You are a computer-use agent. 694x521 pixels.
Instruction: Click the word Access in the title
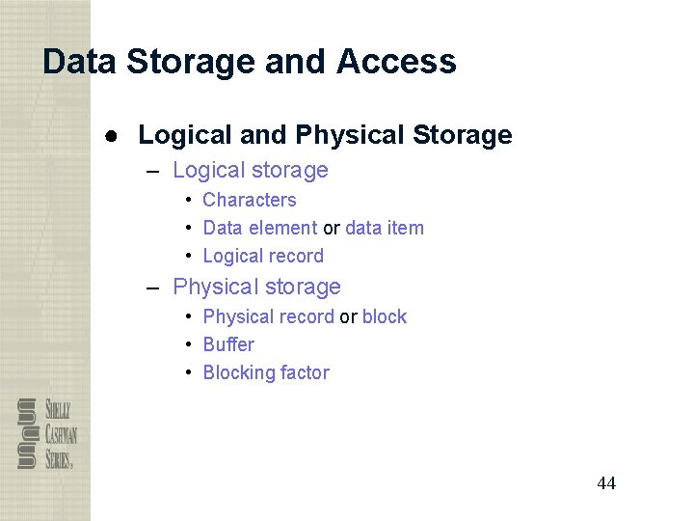tap(396, 62)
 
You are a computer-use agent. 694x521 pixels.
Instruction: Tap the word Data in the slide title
tap(80, 62)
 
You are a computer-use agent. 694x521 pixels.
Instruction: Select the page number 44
tap(606, 483)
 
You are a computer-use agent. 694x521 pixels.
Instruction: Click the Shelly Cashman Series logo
tap(47, 433)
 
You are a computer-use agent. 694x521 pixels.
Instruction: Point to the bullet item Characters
tap(250, 200)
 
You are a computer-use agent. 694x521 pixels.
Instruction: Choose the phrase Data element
tap(260, 228)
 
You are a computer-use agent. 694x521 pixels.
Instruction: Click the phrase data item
tap(385, 228)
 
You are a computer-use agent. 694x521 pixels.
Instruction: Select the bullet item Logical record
tap(263, 256)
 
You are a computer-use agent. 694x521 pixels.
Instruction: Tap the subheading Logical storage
tap(251, 171)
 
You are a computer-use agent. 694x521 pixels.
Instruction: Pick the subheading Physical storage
tap(256, 287)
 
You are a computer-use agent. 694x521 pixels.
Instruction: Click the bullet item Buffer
tap(228, 344)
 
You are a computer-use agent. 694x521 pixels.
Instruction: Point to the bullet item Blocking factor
tap(266, 372)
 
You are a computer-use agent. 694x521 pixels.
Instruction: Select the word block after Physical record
tap(385, 316)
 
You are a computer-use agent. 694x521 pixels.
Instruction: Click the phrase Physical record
tap(269, 316)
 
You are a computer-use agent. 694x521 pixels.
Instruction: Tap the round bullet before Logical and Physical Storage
tap(113, 135)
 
